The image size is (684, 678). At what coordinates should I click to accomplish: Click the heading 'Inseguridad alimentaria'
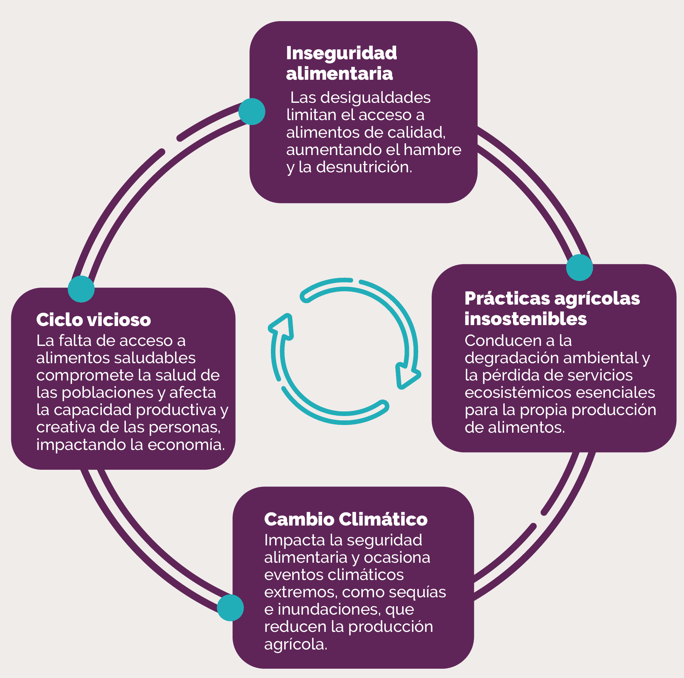[341, 63]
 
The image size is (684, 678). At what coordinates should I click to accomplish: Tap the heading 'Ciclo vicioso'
[94, 320]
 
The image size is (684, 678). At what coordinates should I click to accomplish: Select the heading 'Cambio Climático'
[346, 519]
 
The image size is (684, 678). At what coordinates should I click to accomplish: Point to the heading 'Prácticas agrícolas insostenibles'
[552, 308]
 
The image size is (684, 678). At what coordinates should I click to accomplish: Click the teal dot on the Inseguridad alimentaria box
[252, 111]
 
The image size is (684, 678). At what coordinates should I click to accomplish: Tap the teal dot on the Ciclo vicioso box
[81, 289]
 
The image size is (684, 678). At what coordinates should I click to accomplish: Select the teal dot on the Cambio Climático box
[230, 608]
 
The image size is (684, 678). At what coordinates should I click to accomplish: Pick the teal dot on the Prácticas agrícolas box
[579, 268]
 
